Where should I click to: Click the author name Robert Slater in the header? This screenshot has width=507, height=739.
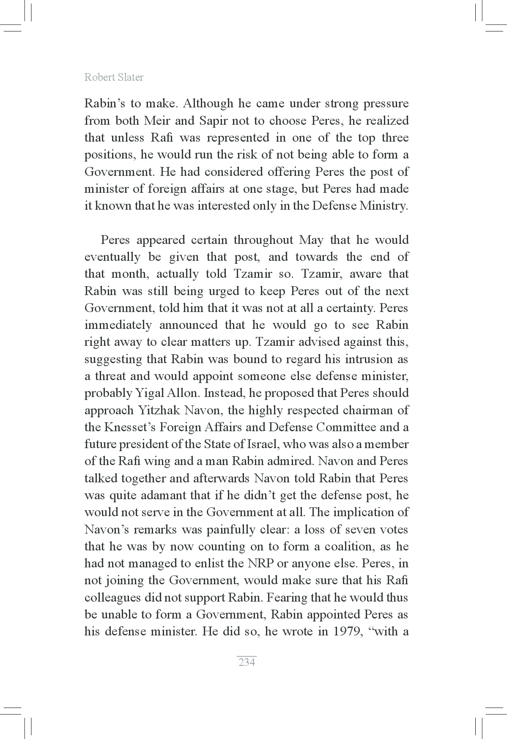pos(114,77)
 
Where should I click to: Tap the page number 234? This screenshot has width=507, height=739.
pos(247,662)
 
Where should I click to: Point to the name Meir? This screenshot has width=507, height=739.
pos(157,121)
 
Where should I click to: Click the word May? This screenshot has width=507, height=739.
pos(311,240)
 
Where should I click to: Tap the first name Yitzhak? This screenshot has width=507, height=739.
pos(163,411)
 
